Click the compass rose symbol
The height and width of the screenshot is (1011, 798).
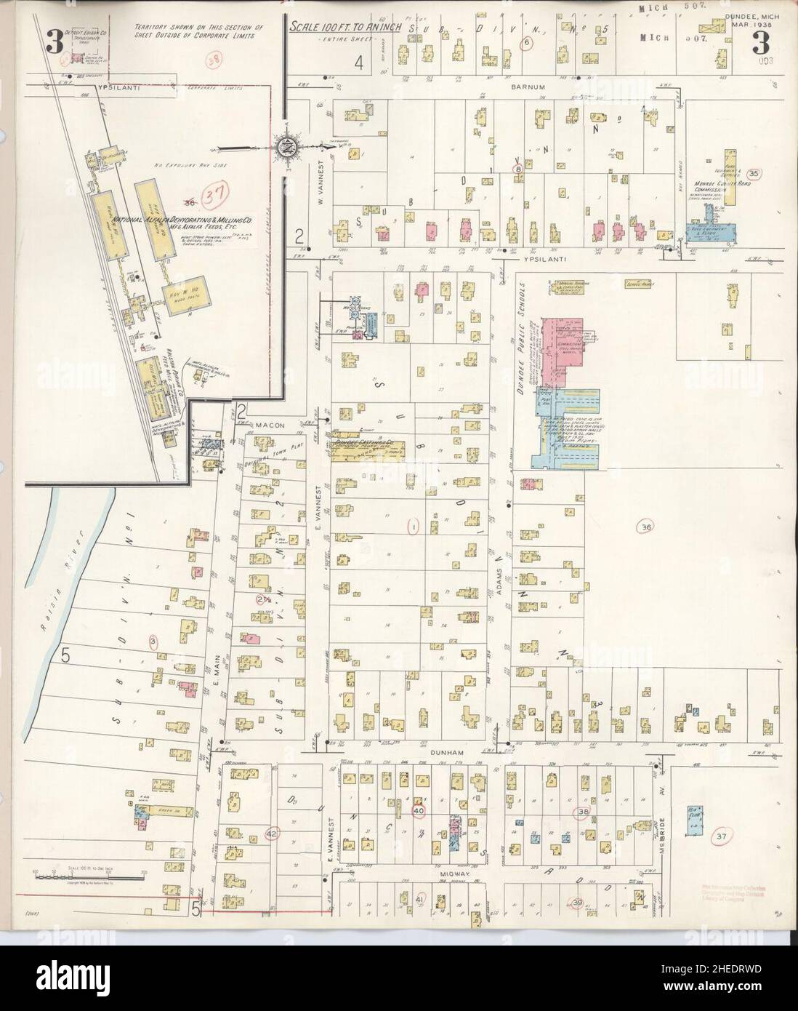coord(286,145)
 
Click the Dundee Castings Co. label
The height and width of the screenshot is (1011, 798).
coord(363,442)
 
